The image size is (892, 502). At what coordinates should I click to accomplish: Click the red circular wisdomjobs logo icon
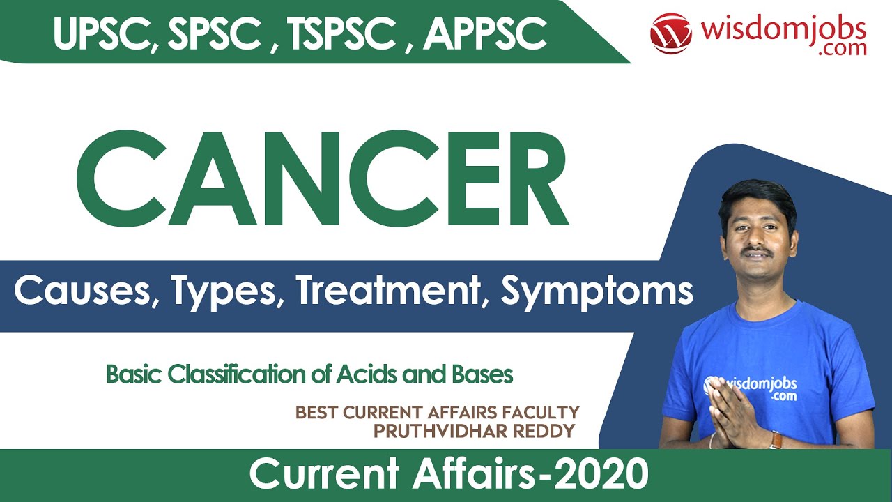click(670, 33)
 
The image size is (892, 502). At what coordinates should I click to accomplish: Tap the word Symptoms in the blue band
click(597, 291)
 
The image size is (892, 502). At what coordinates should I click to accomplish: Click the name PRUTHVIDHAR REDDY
click(475, 431)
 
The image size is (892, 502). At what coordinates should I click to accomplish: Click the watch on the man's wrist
click(776, 439)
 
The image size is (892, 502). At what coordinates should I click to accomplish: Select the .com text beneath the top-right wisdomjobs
click(844, 50)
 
